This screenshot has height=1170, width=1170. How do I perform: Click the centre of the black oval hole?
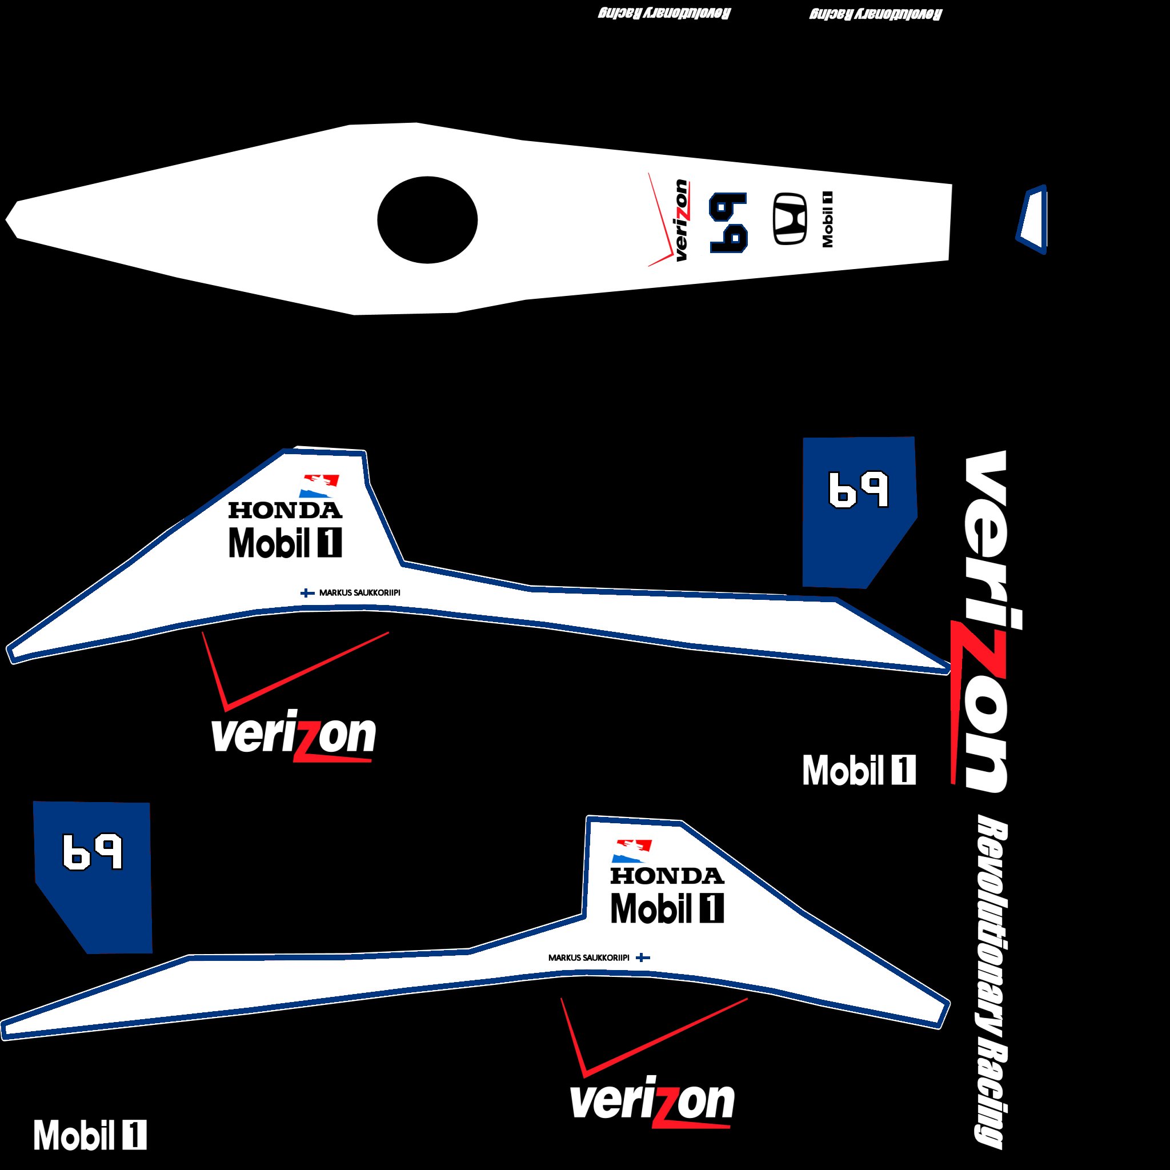click(x=427, y=220)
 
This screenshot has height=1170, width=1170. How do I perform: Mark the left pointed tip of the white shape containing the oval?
click(x=6, y=219)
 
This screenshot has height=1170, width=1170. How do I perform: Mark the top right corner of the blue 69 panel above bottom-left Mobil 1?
click(x=149, y=803)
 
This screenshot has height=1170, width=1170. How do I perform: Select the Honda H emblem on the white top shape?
click(x=790, y=219)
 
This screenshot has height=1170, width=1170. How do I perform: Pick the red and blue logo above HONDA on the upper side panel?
click(x=319, y=486)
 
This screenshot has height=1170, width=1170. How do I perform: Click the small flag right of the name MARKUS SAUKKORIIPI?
click(x=643, y=957)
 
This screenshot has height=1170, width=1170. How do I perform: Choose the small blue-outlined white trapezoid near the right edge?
click(x=1032, y=219)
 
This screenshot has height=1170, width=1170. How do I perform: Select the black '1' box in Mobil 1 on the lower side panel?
click(x=712, y=908)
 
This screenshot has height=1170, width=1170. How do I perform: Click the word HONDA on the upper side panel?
click(x=285, y=510)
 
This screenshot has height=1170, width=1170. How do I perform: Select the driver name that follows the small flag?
click(x=360, y=592)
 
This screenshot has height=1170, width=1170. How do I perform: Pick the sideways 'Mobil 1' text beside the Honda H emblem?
click(x=827, y=219)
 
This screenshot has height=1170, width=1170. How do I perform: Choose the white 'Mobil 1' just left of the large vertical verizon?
click(x=859, y=770)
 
